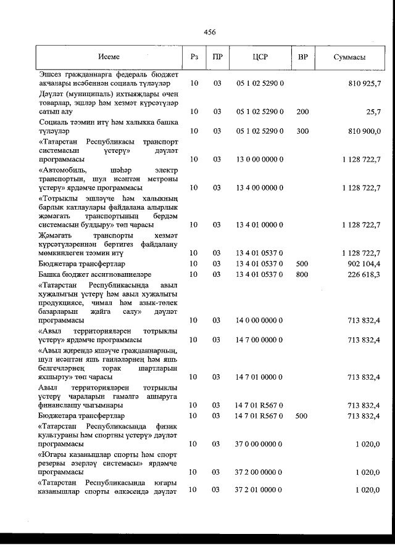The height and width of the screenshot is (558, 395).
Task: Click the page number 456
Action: (209, 32)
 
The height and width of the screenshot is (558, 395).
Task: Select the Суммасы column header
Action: (349, 57)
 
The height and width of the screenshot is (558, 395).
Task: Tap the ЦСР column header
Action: (260, 57)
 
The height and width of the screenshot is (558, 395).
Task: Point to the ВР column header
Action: (302, 57)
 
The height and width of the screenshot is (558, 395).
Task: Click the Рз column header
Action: (194, 57)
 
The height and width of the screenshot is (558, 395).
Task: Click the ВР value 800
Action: (302, 274)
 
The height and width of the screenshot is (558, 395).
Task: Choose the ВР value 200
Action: (302, 112)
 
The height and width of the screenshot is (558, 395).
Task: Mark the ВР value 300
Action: (302, 131)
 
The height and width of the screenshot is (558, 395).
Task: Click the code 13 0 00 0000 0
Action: (260, 159)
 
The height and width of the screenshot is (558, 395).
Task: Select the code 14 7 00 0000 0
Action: (260, 340)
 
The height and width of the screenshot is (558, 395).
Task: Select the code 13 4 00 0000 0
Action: (260, 187)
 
